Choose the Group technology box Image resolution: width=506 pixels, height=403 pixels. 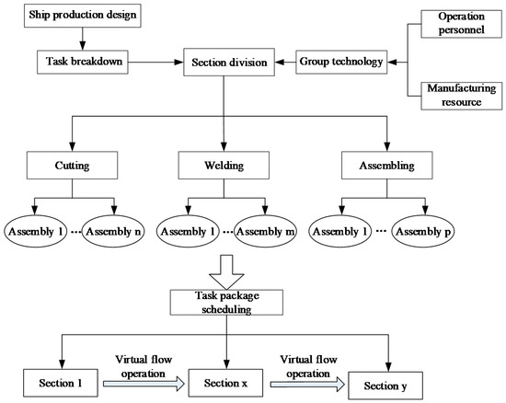(x=340, y=63)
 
